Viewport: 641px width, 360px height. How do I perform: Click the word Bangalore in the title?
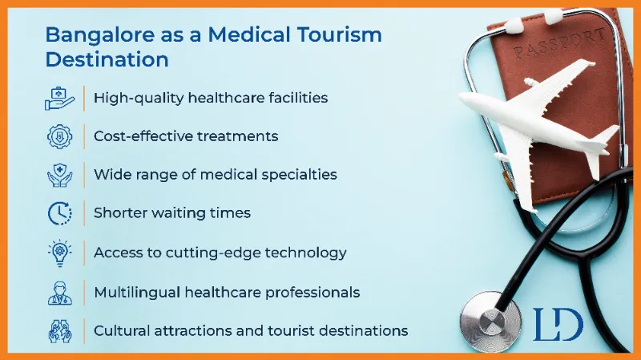coord(99,35)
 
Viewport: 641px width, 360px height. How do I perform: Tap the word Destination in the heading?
coord(107,59)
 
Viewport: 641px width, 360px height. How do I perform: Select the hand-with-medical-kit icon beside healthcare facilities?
coord(59,99)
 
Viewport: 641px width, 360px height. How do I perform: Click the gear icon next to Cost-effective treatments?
coord(59,136)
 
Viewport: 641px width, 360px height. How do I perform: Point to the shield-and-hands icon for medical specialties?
coord(59,175)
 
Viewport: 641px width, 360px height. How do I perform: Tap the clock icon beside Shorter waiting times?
coord(59,213)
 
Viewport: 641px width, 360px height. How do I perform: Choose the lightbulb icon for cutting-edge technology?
coord(59,253)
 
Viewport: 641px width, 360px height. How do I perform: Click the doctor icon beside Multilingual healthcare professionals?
coord(59,293)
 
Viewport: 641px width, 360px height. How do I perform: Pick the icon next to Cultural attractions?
coord(59,331)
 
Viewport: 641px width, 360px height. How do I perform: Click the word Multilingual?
coord(137,293)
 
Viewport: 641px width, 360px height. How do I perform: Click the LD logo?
coord(558,325)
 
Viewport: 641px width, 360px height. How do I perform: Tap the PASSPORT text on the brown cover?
coord(559,42)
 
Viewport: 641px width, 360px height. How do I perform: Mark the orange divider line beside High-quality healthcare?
coord(84,99)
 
